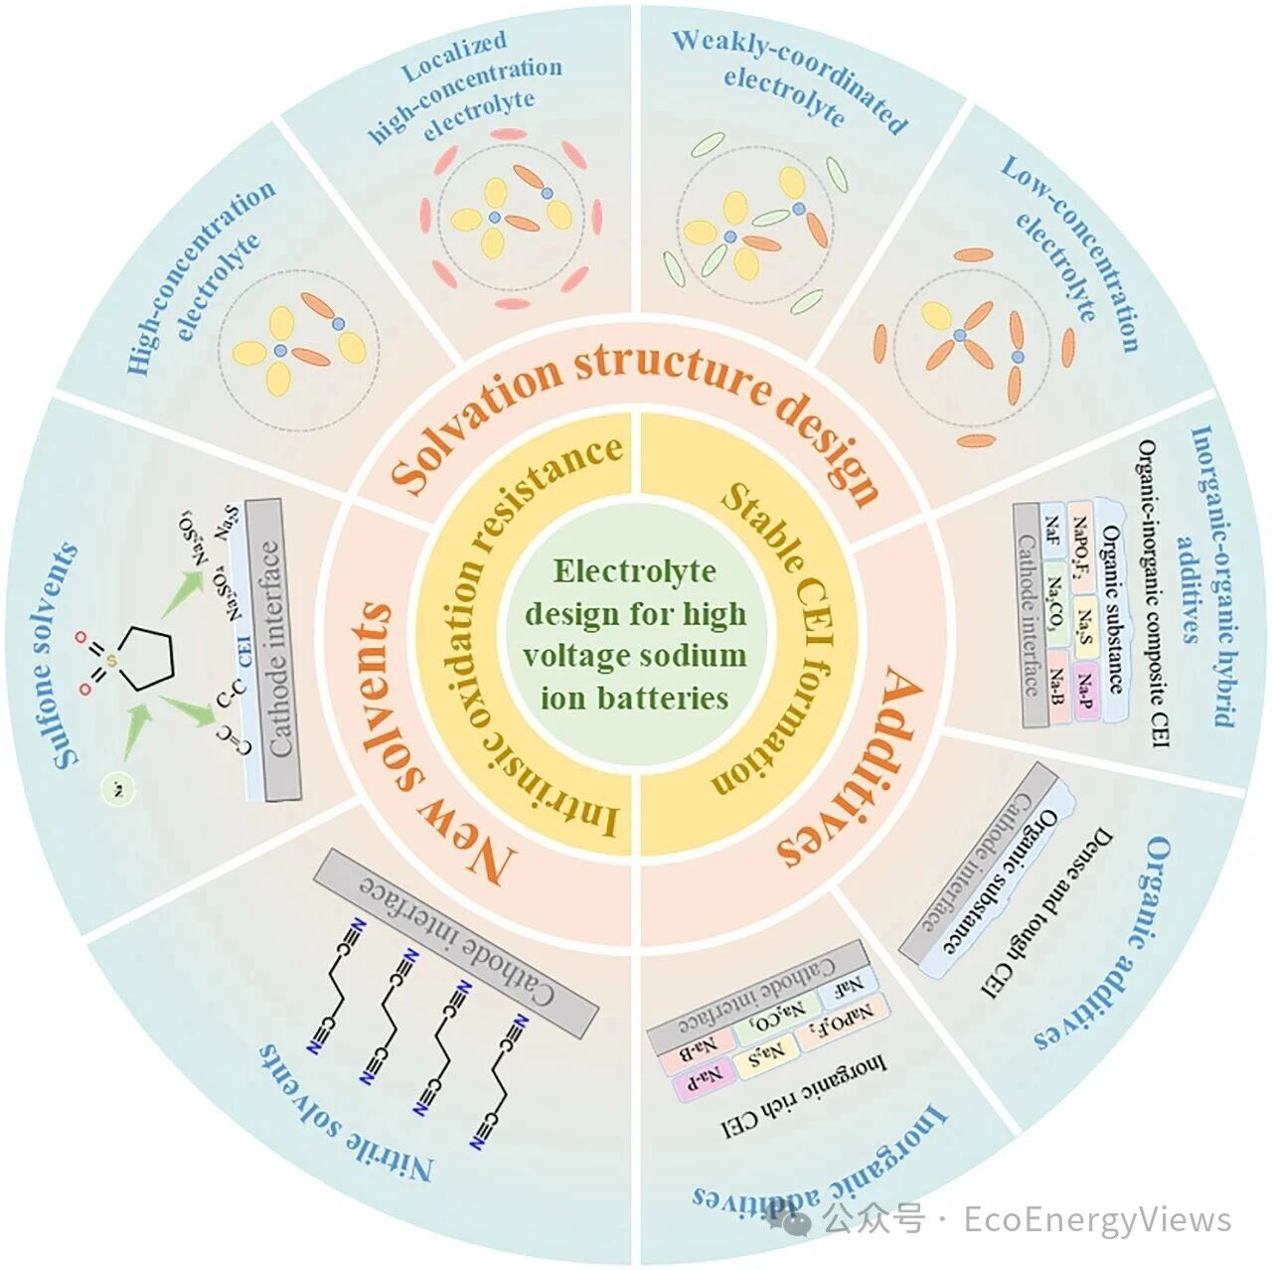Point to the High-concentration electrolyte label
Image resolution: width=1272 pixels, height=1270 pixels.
(199, 278)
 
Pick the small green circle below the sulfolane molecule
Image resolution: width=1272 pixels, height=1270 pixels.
(117, 791)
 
